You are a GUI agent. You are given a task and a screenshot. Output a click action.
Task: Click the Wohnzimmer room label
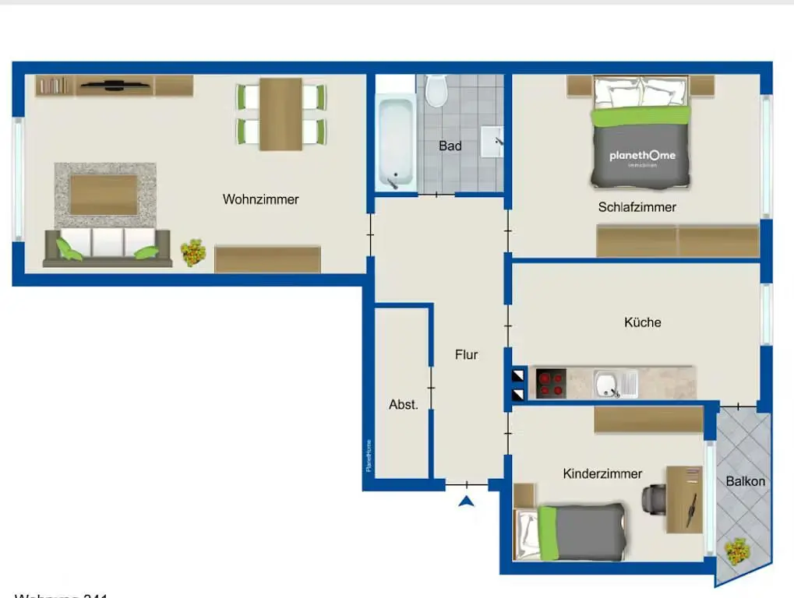click(260, 199)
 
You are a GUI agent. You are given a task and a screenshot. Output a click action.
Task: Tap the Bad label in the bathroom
click(450, 146)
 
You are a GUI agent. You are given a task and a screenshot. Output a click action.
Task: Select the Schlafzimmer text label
click(637, 207)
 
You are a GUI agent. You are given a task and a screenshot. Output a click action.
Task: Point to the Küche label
click(642, 322)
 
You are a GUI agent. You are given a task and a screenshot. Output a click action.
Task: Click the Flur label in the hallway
click(466, 354)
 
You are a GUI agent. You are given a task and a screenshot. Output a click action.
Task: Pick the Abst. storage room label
click(404, 404)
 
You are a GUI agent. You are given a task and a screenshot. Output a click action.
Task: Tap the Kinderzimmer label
click(602, 473)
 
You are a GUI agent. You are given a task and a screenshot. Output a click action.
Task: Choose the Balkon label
click(745, 481)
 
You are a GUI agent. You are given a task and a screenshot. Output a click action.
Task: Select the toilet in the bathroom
click(436, 91)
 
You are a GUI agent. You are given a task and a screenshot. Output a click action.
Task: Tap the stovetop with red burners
click(551, 383)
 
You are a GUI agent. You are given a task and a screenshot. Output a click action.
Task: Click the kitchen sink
click(607, 383)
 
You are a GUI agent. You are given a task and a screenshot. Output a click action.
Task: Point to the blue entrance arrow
click(466, 501)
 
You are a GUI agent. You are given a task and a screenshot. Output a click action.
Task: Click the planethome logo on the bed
click(642, 156)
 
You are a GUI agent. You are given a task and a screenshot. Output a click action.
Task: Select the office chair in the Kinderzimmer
click(653, 497)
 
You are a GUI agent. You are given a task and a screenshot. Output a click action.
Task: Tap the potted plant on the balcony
click(736, 551)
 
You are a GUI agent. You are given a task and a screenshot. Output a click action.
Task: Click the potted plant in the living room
click(193, 252)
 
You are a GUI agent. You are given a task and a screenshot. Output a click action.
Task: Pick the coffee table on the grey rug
click(104, 194)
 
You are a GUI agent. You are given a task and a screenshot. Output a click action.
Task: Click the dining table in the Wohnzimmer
click(281, 114)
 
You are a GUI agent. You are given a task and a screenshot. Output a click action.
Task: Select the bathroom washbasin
click(492, 141)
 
